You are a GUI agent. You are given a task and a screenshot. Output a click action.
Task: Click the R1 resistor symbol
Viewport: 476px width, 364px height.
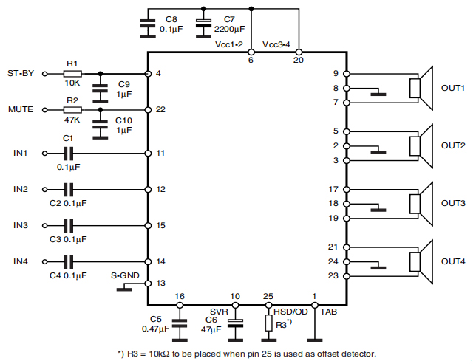[72, 74]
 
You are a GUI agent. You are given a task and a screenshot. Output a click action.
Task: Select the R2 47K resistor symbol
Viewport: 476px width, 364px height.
[72, 109]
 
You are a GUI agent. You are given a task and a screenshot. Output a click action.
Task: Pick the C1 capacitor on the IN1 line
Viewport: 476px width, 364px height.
[68, 153]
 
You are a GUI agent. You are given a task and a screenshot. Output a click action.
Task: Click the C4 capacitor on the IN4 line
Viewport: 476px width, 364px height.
[68, 261]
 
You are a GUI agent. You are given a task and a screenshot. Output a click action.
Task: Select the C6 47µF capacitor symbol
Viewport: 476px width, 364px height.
[235, 323]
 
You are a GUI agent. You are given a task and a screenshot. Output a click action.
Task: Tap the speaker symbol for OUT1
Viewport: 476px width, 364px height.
[421, 89]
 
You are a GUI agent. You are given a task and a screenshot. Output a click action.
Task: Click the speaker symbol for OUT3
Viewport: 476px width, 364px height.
[421, 203]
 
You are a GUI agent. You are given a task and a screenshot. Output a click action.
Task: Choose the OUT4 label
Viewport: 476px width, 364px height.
[453, 261]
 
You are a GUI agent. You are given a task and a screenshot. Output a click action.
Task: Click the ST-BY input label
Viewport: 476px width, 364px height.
[20, 74]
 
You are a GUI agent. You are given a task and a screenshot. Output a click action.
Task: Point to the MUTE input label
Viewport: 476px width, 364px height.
[20, 109]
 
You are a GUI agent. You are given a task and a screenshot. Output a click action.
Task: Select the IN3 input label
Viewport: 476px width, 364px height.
[20, 225]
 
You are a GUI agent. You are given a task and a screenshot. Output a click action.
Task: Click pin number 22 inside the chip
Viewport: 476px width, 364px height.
[160, 109]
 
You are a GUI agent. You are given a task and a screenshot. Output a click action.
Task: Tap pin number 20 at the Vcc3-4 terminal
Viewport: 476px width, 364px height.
[299, 61]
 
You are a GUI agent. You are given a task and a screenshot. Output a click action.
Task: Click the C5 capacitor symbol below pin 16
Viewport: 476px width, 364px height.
[178, 323]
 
